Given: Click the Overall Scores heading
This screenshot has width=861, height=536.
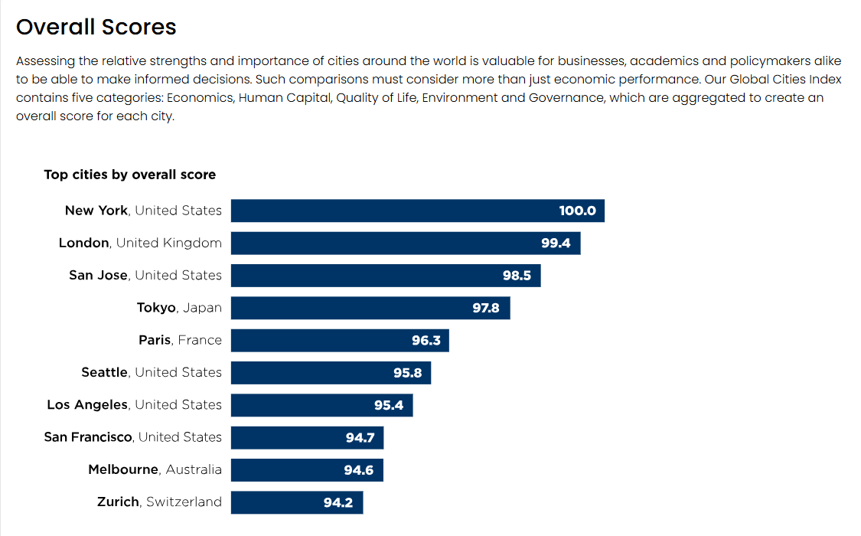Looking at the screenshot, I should point(96,28).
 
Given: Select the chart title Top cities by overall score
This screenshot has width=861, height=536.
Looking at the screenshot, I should point(129,175).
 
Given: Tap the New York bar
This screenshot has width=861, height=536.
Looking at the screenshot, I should point(417,211).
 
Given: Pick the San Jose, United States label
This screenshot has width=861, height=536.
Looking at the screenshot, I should point(145,276).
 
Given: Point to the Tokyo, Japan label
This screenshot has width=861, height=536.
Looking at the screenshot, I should point(179,308).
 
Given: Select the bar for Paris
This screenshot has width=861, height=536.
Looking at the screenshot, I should point(339,341).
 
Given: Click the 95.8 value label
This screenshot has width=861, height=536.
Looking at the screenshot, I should point(408,373).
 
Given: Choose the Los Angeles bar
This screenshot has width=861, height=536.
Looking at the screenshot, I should point(321,405).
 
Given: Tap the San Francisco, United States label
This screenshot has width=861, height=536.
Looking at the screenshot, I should point(133,437).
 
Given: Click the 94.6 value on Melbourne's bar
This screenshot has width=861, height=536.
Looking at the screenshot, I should point(358,470).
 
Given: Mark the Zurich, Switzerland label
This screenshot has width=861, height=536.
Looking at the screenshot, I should point(159,502).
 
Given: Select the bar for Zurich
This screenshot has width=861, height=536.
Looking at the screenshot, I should point(296,502).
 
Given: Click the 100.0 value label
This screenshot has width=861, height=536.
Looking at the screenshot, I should point(577,211).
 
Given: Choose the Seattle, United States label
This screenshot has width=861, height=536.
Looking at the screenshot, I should point(152,373).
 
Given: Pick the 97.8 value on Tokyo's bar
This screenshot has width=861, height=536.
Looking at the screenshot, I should point(486,308).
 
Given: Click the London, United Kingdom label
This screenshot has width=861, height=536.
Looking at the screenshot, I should point(140,243).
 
